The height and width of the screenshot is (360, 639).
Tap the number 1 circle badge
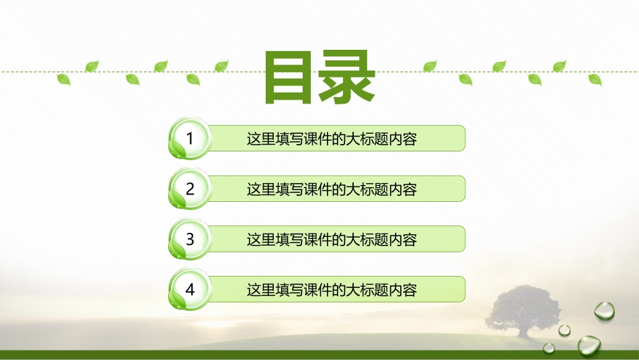pos(190,139)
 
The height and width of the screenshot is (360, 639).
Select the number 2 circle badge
pos(190,189)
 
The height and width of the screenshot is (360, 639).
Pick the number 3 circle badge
pos(190,239)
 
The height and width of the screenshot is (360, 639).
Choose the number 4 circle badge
pos(190,289)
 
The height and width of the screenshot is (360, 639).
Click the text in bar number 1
pos(332,139)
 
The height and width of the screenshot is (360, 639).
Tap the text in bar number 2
pos(332,190)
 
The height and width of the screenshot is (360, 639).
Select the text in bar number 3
pos(332,240)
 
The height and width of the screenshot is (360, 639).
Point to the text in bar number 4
pos(332,290)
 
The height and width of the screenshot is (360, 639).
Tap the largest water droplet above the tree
pos(603,310)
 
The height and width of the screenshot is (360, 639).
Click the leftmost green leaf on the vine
pos(63,79)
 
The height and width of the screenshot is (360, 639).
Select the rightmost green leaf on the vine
pos(595,79)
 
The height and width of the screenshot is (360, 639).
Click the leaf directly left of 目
pos(221,66)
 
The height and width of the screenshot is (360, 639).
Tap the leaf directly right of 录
pos(430,66)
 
